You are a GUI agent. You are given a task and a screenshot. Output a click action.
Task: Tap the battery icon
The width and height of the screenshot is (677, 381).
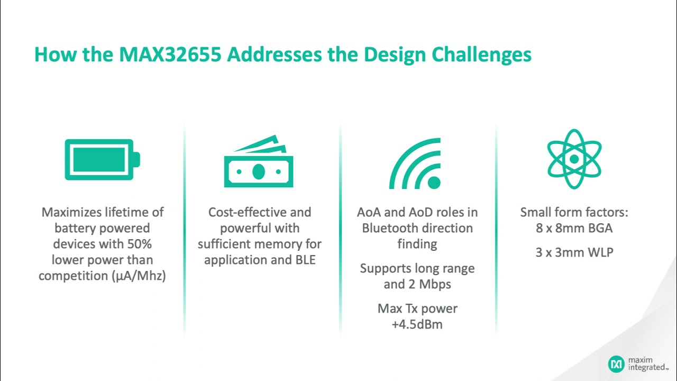click(x=102, y=159)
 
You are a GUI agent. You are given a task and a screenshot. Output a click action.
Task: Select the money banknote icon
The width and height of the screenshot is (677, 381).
click(x=258, y=162)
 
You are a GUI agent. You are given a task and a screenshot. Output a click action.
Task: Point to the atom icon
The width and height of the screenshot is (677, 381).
click(x=574, y=159)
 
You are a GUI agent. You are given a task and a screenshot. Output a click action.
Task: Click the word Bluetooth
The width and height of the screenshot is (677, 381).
click(x=391, y=228)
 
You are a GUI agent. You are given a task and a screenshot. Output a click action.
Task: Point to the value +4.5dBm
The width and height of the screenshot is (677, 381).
click(x=417, y=324)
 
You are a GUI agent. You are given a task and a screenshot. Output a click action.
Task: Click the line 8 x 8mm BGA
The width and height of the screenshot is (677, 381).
click(x=574, y=228)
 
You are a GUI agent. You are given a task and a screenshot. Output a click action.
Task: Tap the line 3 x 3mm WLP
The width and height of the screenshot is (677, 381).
click(x=574, y=252)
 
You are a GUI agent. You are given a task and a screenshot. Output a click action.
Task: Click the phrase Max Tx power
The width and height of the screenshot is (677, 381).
click(x=417, y=309)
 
